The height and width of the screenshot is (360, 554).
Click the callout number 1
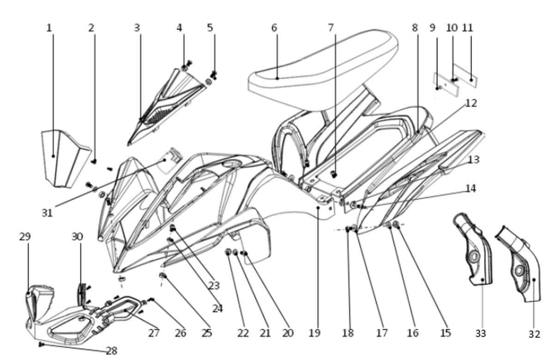[x=49, y=28]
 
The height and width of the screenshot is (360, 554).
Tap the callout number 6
[x=274, y=28]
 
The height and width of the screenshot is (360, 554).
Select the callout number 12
[x=471, y=103]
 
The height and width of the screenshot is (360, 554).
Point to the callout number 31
[x=47, y=213]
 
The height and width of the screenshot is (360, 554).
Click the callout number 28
[x=112, y=351]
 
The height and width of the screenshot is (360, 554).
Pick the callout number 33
[x=481, y=334]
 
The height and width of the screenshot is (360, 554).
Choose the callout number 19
[x=314, y=333]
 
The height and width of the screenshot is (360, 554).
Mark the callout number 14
[x=470, y=189]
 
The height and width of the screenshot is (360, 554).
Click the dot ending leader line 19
[x=318, y=208]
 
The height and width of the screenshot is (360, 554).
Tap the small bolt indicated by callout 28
[x=41, y=344]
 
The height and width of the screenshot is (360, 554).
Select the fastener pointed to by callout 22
[x=228, y=252]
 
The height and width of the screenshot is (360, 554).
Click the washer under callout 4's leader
[x=184, y=68]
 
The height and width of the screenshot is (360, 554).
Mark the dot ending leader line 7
[x=335, y=175]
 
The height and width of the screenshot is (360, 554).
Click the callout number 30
[x=77, y=237]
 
